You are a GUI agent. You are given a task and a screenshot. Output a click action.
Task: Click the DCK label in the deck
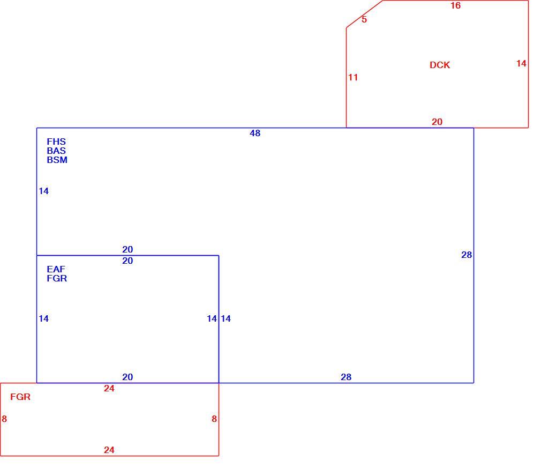click(440, 65)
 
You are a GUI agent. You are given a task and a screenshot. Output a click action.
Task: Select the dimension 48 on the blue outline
click(255, 133)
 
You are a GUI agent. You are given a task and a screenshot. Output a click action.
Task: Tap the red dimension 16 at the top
click(455, 5)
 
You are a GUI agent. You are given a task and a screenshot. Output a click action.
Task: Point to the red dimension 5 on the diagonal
click(364, 19)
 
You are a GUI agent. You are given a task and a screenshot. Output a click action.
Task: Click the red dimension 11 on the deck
click(353, 77)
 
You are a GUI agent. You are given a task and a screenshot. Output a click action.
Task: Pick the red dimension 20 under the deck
click(437, 122)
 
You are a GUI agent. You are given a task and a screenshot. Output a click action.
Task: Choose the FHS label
click(56, 142)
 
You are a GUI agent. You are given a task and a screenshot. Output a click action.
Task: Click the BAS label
click(56, 151)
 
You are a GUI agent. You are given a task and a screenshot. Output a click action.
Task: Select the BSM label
click(57, 160)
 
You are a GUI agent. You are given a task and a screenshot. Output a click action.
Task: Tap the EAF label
click(56, 269)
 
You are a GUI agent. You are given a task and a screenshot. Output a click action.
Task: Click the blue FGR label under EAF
click(57, 278)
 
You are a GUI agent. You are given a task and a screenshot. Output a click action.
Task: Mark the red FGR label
click(20, 397)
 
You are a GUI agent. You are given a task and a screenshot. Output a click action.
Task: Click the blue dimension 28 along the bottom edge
click(346, 377)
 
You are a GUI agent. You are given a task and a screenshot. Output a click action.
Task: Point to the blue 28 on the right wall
click(467, 255)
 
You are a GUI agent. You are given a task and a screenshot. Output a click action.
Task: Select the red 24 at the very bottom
click(109, 450)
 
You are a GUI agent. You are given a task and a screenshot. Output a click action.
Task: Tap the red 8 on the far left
click(4, 419)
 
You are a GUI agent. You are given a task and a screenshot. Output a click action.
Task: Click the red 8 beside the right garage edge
click(214, 419)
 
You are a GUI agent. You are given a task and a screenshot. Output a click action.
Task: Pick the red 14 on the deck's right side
click(521, 64)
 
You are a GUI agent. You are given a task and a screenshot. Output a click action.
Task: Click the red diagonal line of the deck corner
click(365, 14)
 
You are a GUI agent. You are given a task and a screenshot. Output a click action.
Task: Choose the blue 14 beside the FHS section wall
click(44, 191)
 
